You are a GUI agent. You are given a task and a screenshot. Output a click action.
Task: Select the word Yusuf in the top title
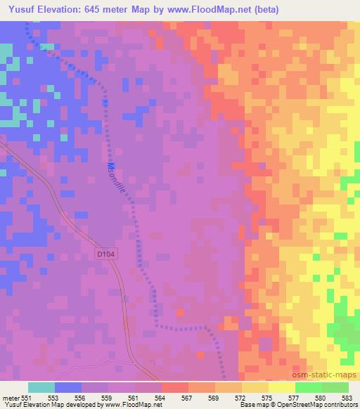click(18, 8)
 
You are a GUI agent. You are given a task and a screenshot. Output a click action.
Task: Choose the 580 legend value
click(321, 398)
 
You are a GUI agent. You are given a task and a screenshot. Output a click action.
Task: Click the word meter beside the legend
click(13, 398)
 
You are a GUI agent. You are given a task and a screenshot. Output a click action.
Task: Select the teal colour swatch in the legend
click(41, 387)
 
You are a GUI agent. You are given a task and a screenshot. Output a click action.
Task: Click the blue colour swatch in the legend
click(68, 387)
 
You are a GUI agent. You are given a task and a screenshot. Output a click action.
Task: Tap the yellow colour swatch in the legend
click(281, 387)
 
